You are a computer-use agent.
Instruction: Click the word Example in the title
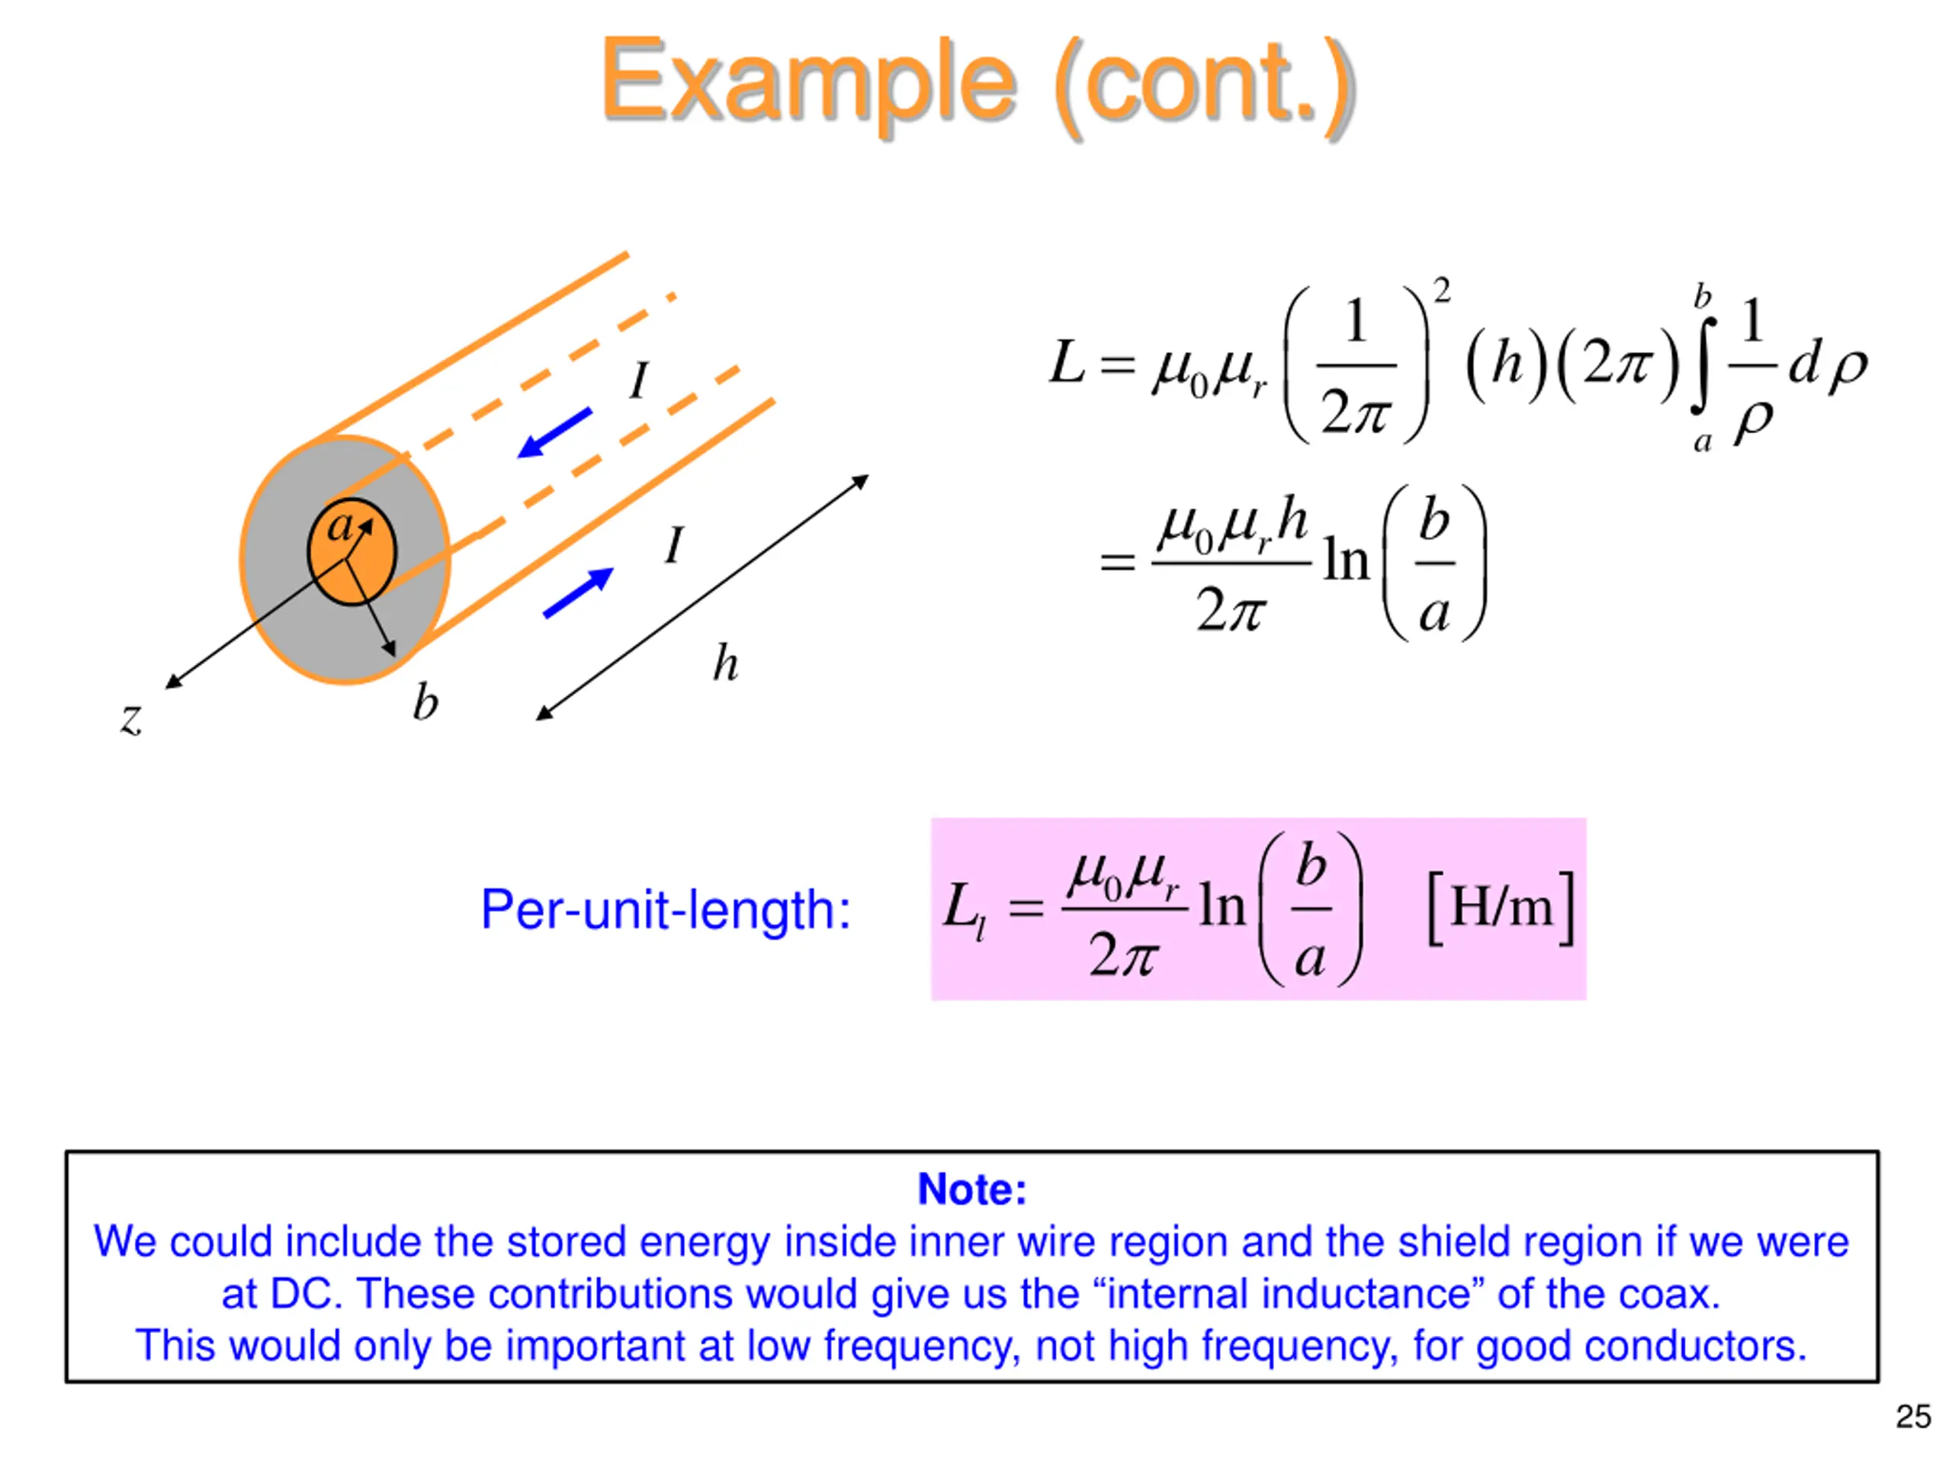click(x=807, y=84)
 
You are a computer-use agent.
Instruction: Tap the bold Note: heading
click(x=972, y=1189)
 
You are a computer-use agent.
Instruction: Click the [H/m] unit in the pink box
click(x=1500, y=907)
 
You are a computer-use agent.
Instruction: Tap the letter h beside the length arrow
click(x=725, y=663)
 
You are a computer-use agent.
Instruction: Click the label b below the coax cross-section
click(x=425, y=703)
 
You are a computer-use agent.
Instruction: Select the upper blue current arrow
click(x=554, y=432)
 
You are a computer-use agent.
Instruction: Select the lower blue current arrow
click(x=579, y=592)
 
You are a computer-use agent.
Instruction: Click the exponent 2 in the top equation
click(x=1441, y=291)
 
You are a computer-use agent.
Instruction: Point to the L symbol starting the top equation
click(x=1066, y=363)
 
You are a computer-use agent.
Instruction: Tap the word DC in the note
click(x=305, y=1295)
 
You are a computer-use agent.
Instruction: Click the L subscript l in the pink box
click(x=964, y=910)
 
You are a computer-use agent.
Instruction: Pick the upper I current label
click(x=639, y=381)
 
